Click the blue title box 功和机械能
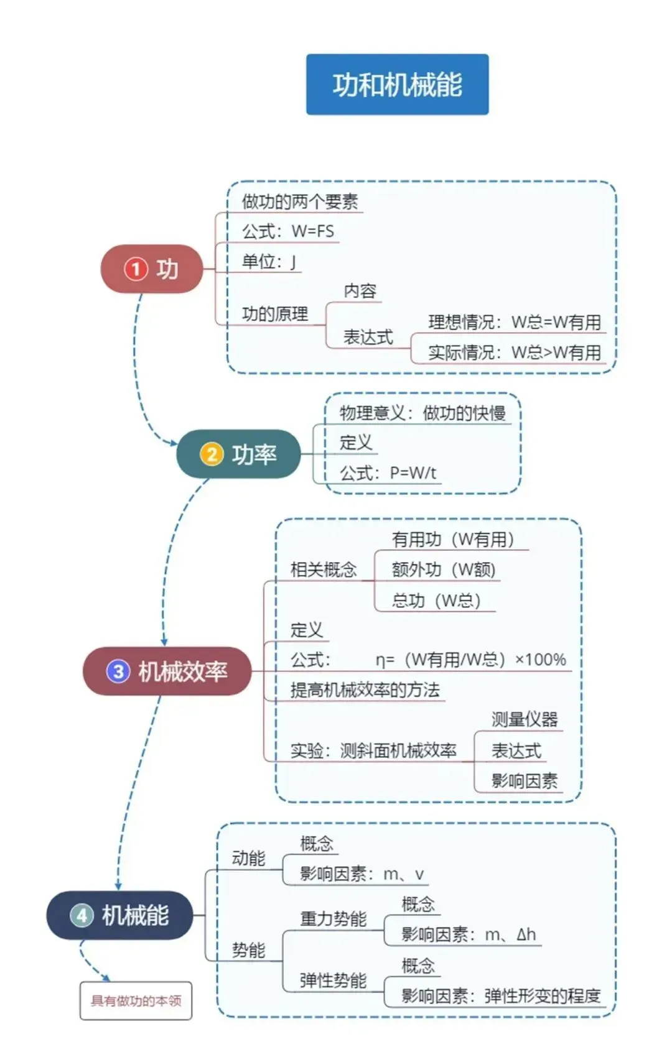tap(397, 85)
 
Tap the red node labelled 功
tap(152, 269)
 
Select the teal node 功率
tap(239, 454)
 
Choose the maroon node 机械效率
tap(167, 671)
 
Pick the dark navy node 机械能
tap(120, 915)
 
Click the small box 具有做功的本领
tap(136, 1001)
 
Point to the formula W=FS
tap(312, 231)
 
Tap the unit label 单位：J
tap(269, 262)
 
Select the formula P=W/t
tap(413, 473)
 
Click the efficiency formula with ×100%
tap(470, 660)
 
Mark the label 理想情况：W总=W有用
tap(514, 322)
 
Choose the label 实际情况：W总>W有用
tap(514, 353)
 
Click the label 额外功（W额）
tap(443, 569)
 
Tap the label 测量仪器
tap(525, 719)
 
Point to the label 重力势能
tap(333, 919)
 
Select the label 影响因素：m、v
tap(362, 874)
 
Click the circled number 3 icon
tap(118, 671)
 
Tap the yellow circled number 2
tap(211, 454)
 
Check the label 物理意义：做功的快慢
tap(422, 413)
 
